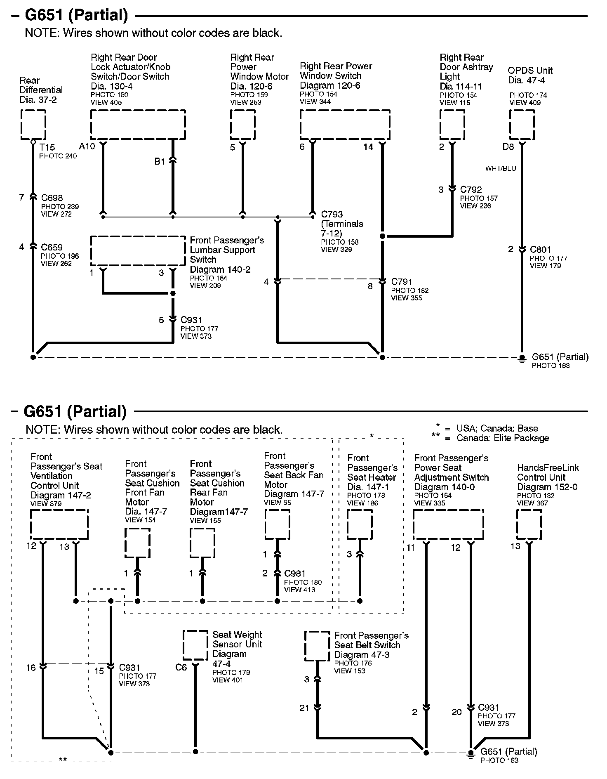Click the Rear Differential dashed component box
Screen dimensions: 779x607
(33, 125)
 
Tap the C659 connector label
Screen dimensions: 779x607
(52, 248)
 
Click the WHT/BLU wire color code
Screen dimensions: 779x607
(500, 168)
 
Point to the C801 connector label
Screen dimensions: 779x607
(540, 250)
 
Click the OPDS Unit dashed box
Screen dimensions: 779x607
(522, 125)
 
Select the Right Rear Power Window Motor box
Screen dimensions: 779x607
(242, 125)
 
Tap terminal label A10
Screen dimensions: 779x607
(87, 146)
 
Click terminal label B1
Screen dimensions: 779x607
(160, 162)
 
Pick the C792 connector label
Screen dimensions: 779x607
(471, 190)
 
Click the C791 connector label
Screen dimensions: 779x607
(402, 282)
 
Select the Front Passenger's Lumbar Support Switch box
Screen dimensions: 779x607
(138, 250)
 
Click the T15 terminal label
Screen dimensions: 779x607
(47, 147)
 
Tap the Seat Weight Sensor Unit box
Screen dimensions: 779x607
(195, 645)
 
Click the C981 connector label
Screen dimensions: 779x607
(295, 574)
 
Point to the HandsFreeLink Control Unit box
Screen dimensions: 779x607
(529, 524)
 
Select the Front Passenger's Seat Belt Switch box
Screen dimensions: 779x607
(317, 646)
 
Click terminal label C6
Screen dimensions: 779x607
(181, 667)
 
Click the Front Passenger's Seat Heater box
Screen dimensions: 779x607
(360, 524)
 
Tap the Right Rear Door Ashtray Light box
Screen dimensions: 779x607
(452, 125)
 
